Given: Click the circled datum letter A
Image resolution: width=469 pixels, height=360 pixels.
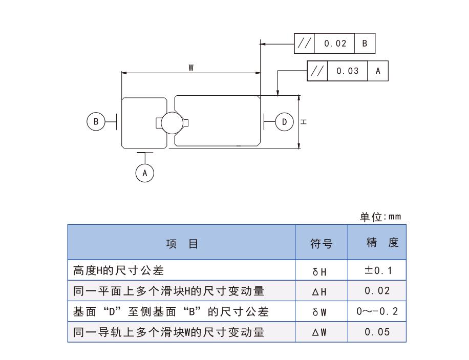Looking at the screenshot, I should point(145,173).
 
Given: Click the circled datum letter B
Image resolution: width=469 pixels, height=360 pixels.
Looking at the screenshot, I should point(95,121).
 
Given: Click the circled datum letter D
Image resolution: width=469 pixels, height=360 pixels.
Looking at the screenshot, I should point(285,121).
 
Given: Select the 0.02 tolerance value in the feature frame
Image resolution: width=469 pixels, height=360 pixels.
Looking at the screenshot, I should point(335,44).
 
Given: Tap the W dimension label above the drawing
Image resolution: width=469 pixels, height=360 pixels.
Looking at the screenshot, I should point(190,68).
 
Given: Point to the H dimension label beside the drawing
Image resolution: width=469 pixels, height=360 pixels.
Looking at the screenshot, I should point(304,122).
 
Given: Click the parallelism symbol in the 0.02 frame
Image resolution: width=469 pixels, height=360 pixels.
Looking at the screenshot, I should point(304,44).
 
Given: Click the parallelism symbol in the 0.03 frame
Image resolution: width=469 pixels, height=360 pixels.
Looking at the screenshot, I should point(317,71).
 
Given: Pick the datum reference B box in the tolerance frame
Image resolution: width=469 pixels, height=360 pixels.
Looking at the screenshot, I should point(365,44).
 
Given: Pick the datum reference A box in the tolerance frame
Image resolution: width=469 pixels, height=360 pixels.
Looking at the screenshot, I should point(378,71).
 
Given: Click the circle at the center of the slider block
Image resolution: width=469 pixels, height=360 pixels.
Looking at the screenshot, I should point(169,123).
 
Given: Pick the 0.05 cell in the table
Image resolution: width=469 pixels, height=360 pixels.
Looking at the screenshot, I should point(377,332).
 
